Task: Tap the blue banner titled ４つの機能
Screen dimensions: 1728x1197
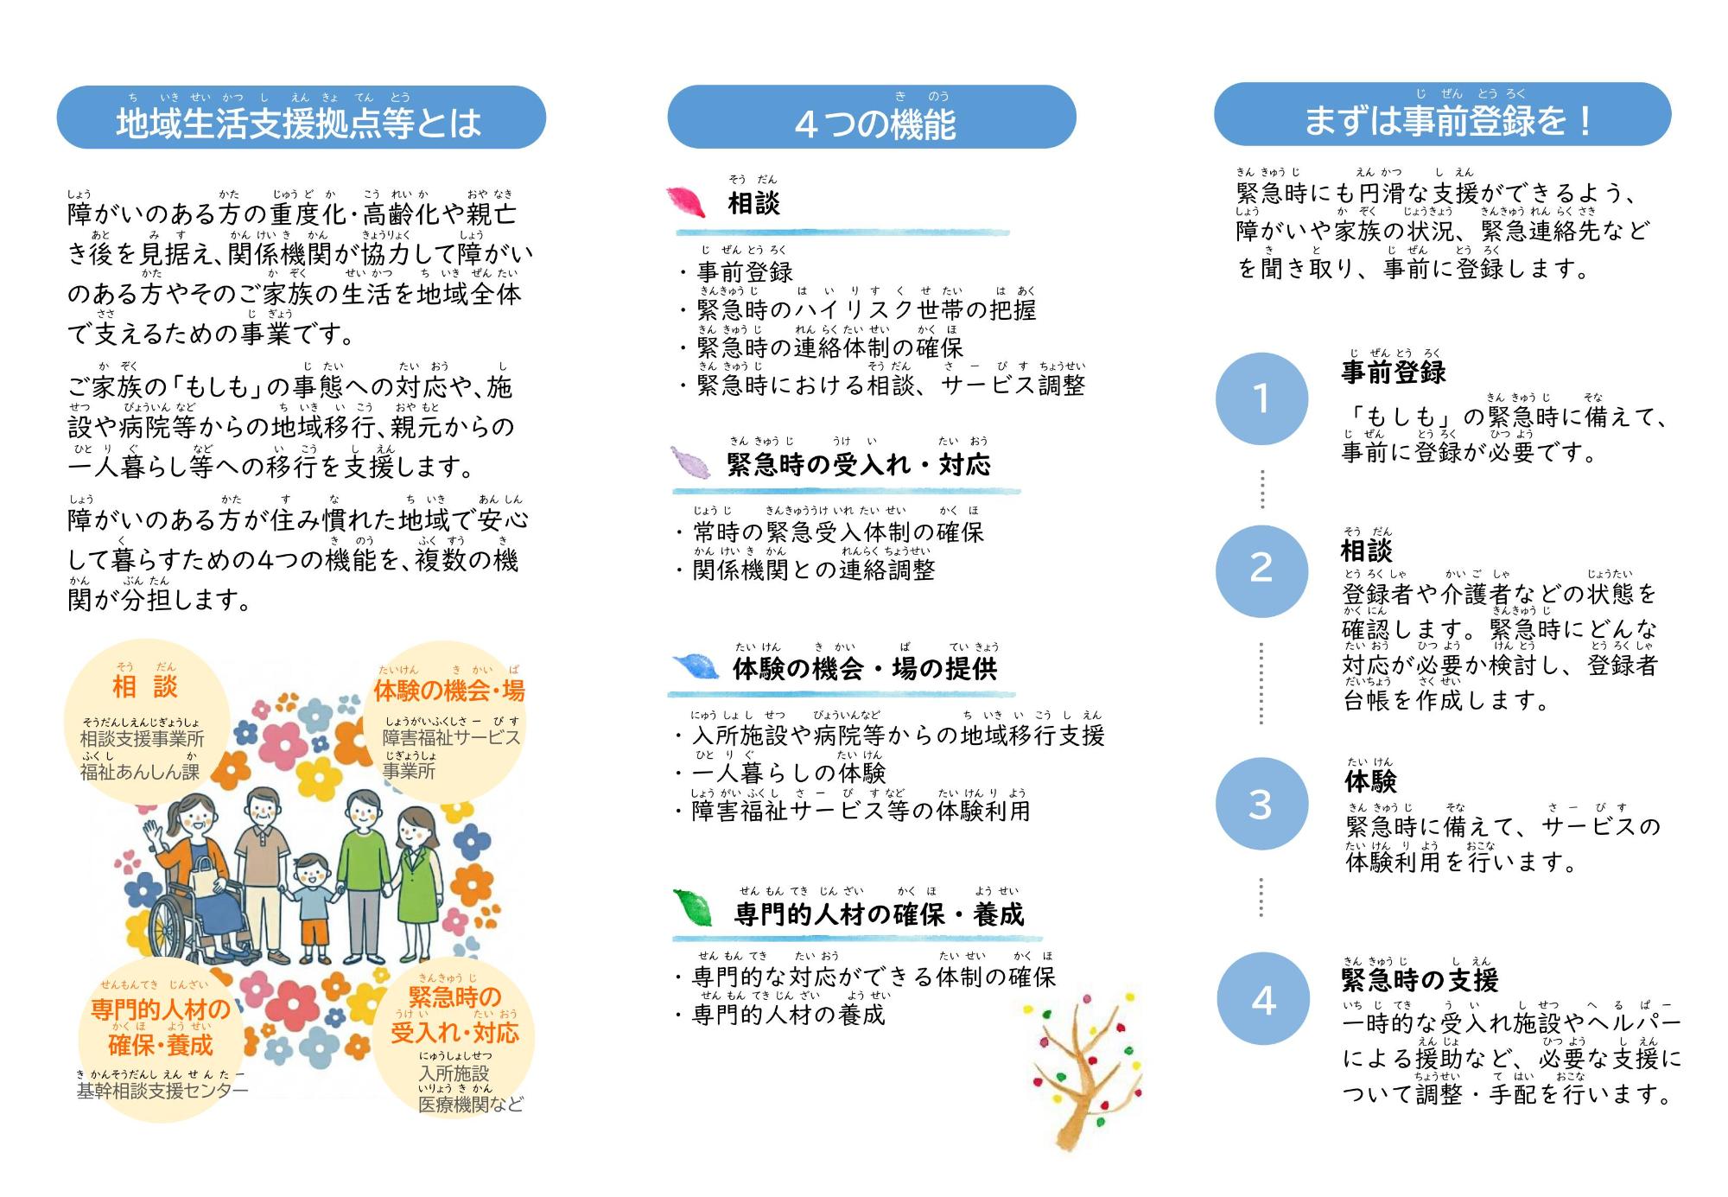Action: [872, 117]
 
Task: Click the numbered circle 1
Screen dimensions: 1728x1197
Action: [1261, 398]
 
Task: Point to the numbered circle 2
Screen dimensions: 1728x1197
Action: [1261, 569]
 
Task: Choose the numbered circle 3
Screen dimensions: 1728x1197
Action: [1261, 805]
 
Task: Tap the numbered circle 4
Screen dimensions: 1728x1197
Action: [1263, 1000]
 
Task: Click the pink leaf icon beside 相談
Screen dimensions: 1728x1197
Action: [689, 202]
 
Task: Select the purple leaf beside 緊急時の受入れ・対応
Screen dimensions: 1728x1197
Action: [691, 462]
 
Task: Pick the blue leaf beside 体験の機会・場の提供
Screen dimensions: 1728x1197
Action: [696, 666]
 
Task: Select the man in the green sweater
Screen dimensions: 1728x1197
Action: [362, 873]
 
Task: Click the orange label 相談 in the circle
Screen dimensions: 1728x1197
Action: [145, 686]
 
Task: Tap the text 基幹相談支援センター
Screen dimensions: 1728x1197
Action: [162, 1091]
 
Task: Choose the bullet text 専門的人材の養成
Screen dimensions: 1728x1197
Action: [789, 1015]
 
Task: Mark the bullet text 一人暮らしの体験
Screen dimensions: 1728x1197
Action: [789, 773]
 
